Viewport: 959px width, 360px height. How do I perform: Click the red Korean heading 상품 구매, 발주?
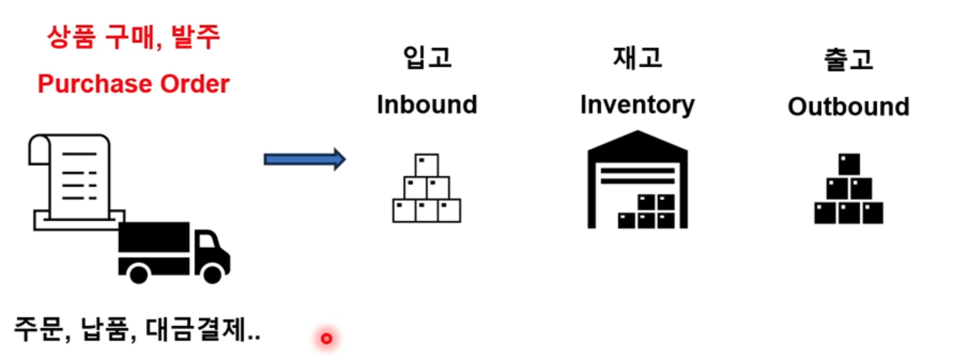(x=133, y=37)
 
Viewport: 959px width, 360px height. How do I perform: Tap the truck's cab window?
(x=207, y=240)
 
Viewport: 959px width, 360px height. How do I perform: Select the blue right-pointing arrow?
(x=304, y=159)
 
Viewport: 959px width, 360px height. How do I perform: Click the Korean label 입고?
(x=426, y=58)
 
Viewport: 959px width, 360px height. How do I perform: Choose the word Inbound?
(x=426, y=105)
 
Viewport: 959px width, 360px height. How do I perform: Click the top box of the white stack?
(x=426, y=165)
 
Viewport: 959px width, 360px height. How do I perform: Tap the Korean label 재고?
(x=637, y=58)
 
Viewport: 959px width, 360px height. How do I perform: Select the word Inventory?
(x=637, y=105)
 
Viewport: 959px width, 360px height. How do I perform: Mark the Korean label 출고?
(x=848, y=59)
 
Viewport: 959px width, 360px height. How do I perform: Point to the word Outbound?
(x=848, y=107)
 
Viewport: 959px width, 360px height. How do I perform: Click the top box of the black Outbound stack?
(x=848, y=165)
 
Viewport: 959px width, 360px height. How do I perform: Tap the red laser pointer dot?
(x=327, y=339)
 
